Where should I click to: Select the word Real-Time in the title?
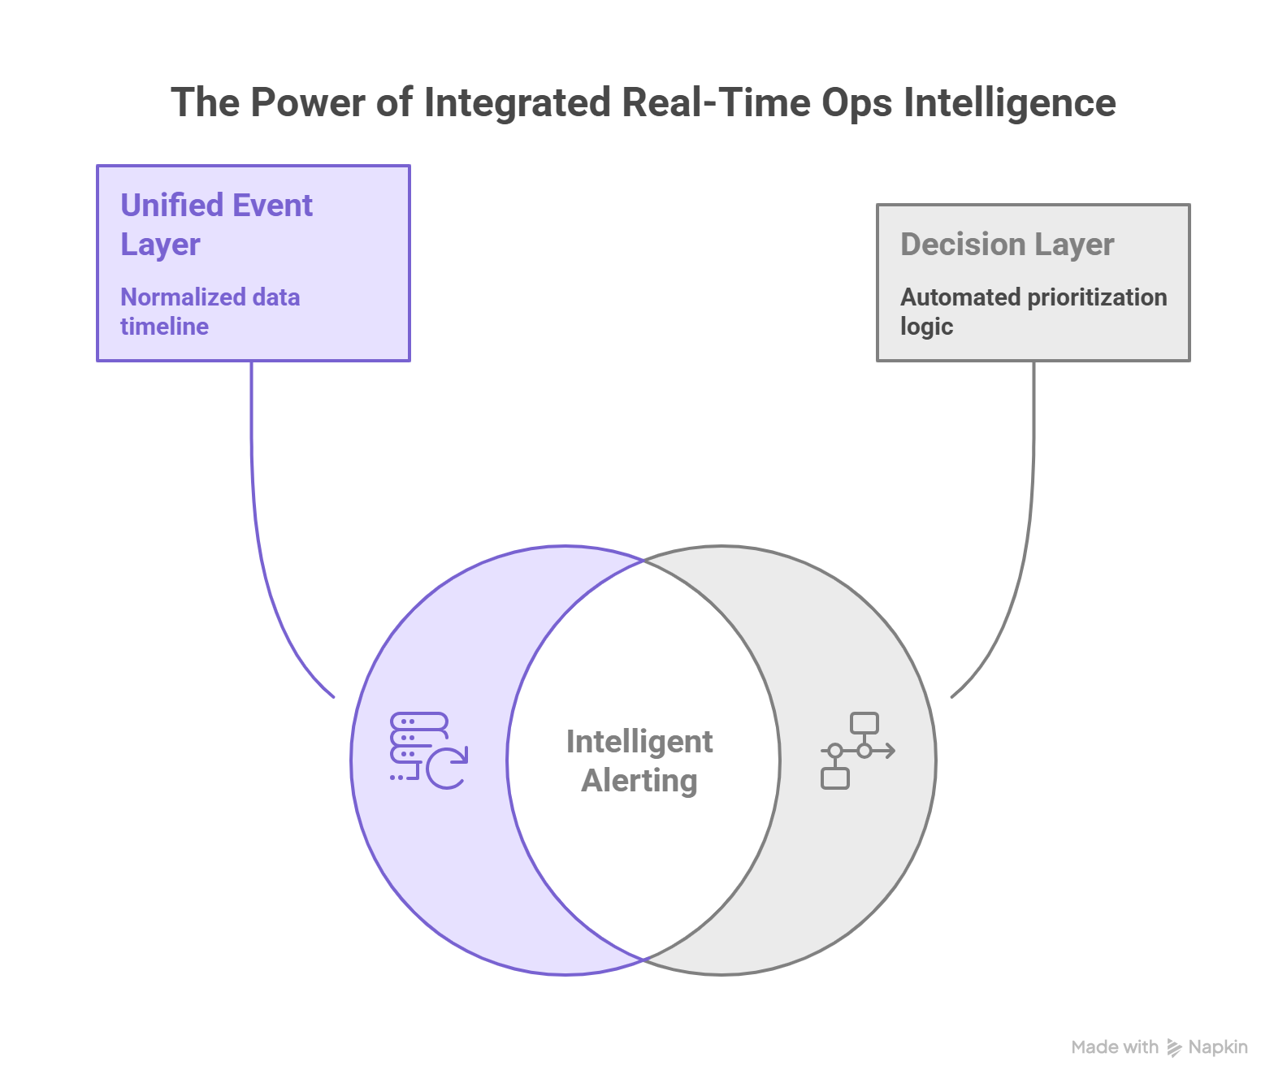point(715,103)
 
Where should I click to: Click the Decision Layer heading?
point(1007,245)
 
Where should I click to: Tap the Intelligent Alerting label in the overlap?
point(639,760)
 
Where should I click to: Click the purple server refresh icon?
point(428,751)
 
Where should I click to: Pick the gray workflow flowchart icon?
point(856,751)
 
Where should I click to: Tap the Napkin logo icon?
point(1174,1048)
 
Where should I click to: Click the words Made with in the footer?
point(1115,1047)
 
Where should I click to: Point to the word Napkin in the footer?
point(1218,1047)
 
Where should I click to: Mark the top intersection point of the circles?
point(644,560)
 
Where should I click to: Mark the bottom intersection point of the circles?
point(644,960)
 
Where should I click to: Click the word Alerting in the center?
point(639,781)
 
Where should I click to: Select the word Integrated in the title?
point(517,103)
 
